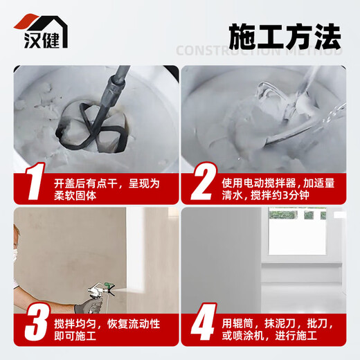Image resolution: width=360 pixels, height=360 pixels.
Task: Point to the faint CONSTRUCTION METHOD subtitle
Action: (x=259, y=51)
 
